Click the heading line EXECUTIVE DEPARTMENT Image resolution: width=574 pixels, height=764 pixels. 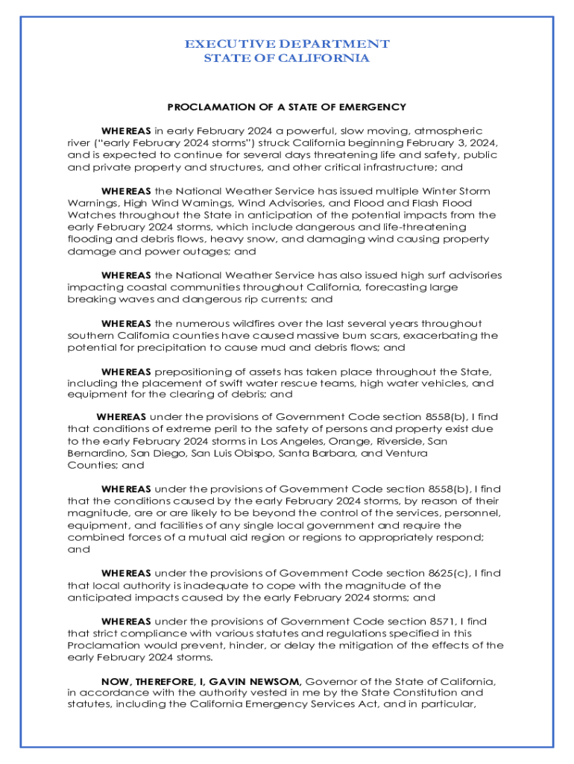[287, 44]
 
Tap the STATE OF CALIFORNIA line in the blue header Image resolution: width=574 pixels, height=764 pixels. [287, 58]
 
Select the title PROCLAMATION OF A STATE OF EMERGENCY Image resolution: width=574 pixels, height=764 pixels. [287, 107]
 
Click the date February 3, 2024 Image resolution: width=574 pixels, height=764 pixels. [455, 143]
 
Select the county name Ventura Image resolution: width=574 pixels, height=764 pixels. [406, 453]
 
